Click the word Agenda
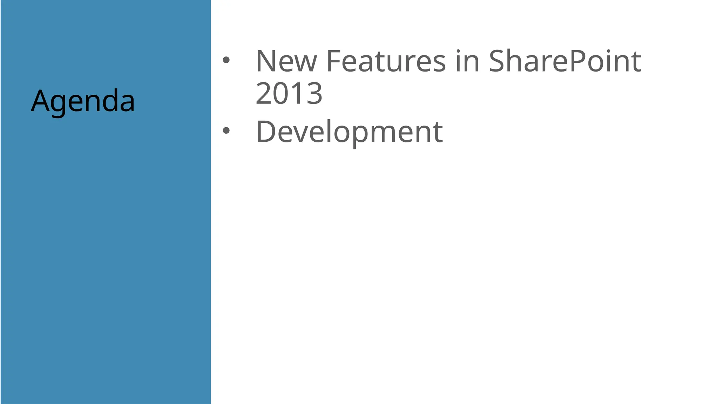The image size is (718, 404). point(83,101)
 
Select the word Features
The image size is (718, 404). point(386,61)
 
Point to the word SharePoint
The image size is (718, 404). point(565,61)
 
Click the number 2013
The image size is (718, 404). point(289,93)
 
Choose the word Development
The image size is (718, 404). point(350,132)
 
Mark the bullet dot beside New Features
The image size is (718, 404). point(226,60)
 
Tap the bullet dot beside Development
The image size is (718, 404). point(226,131)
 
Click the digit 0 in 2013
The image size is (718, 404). point(280,93)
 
